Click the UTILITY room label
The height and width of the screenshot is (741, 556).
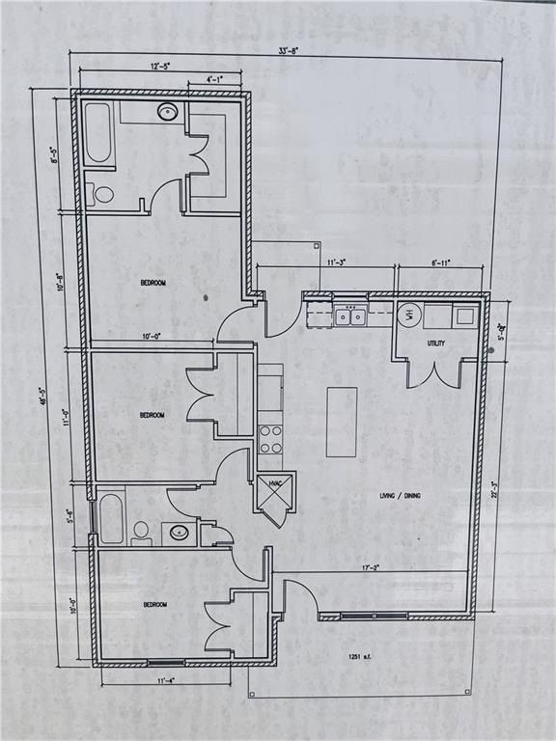(435, 343)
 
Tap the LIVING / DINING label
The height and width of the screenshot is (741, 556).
(400, 496)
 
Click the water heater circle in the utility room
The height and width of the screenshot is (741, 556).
(408, 314)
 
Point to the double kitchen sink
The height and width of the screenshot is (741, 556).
(350, 315)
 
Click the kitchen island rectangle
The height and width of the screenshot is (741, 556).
(342, 422)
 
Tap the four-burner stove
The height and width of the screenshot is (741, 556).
(271, 440)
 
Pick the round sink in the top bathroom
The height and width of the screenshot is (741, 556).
(167, 113)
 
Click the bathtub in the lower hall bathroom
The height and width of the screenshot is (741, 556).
(112, 518)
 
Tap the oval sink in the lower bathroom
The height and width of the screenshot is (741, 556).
(180, 532)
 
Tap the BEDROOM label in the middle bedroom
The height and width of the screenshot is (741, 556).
(152, 415)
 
